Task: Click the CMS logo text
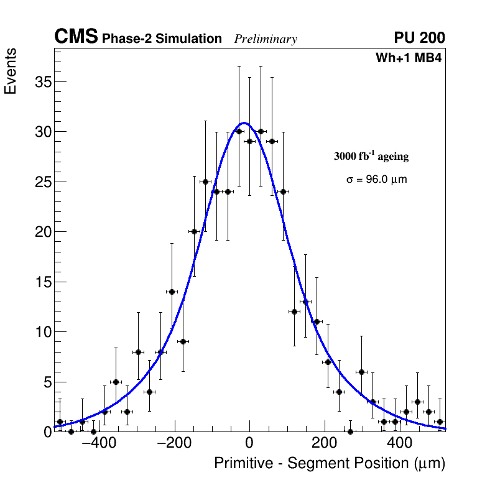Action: coord(76,37)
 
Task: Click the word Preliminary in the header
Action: coord(266,39)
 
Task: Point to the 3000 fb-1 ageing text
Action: coord(371,156)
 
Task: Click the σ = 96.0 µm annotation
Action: coord(377,180)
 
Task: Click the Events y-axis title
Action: coord(11,71)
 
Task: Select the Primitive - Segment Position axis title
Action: coord(330,463)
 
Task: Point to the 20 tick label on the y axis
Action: coord(40,232)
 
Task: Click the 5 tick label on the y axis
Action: coord(44,382)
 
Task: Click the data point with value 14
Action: coord(172,292)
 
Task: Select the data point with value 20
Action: coord(194,231)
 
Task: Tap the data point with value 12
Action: coord(294,312)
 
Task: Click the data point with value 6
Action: coord(361,372)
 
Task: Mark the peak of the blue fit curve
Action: coord(244,123)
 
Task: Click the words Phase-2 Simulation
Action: coord(162,39)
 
